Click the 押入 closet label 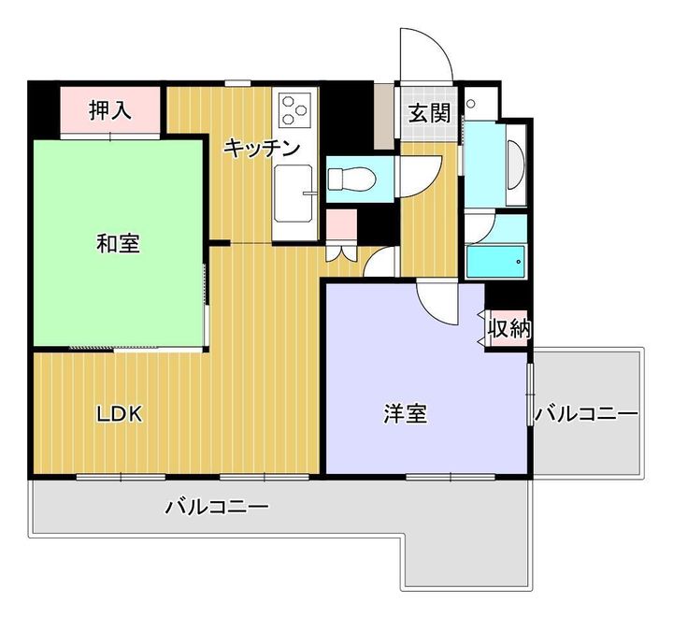tap(110, 110)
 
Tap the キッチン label tap(262, 148)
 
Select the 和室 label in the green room tap(118, 243)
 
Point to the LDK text tap(119, 414)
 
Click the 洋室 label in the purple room tap(405, 414)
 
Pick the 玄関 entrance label tap(429, 113)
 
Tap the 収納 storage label tap(509, 329)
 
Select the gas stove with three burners tap(294, 109)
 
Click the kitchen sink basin tap(294, 194)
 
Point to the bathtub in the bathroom tap(495, 262)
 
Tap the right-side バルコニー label tap(586, 414)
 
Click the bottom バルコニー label tap(217, 507)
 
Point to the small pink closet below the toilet tap(342, 224)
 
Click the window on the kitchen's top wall tap(237, 83)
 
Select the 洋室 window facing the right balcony tap(530, 395)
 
